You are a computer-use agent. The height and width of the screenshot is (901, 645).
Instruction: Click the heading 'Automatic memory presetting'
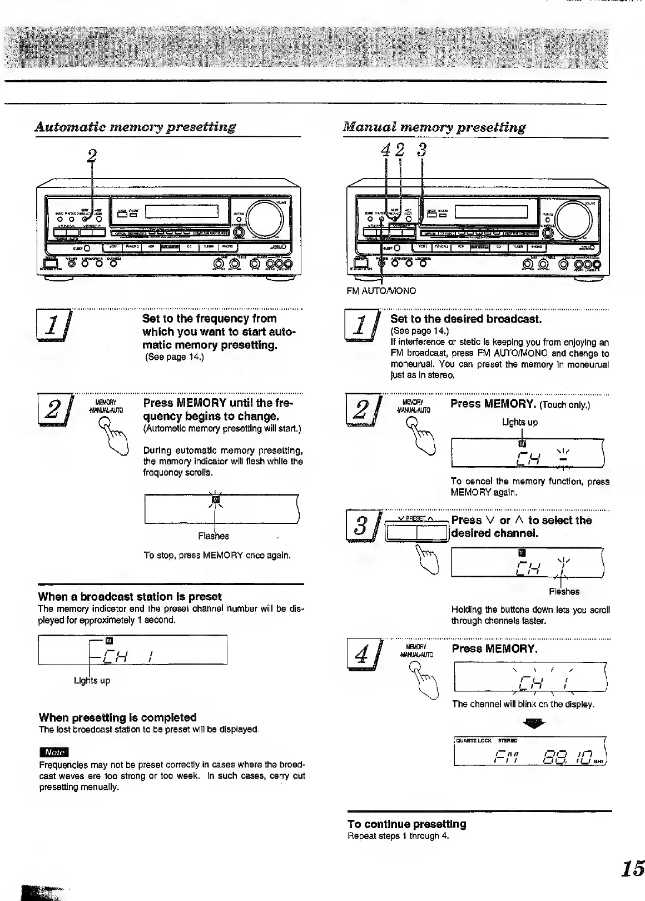point(135,127)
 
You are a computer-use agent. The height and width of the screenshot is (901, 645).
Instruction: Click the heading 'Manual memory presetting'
point(434,127)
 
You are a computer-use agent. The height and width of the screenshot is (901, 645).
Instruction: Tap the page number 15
point(633,868)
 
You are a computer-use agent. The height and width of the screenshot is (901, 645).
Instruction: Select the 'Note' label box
point(54,752)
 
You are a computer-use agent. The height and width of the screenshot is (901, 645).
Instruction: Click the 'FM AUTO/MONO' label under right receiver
point(381,291)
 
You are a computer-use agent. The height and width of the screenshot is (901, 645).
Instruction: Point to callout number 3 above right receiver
point(423,150)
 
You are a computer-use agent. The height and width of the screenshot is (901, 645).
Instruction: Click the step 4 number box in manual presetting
point(361,656)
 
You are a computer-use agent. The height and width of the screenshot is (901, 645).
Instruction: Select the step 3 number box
point(361,528)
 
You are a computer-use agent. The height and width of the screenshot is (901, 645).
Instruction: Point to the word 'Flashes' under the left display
point(214,536)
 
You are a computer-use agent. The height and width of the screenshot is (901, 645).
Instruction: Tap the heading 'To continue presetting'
point(407,824)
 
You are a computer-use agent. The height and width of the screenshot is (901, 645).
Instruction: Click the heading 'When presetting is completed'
point(117,717)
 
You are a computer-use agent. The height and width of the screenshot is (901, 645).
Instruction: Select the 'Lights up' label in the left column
point(92,681)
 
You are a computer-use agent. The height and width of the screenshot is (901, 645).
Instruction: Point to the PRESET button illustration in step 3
point(416,533)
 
